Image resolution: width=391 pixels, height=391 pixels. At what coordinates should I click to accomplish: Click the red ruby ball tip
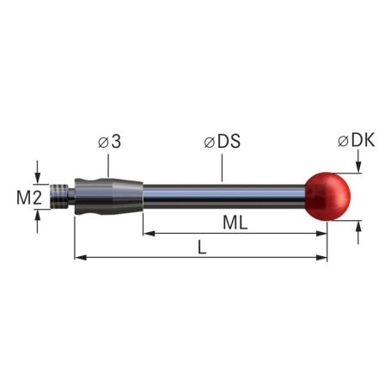[329, 196]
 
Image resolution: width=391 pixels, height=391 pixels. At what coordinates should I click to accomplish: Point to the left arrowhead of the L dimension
[80, 257]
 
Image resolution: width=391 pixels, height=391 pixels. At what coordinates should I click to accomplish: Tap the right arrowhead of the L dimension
[324, 257]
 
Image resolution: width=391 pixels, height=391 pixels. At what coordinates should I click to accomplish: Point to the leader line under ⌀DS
[222, 168]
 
